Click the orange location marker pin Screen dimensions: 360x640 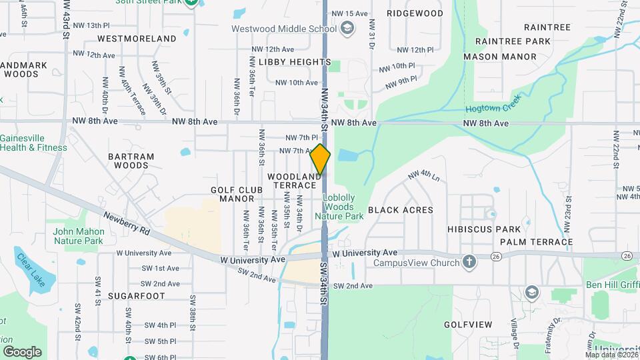coord(321,160)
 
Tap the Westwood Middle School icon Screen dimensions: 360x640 coord(347,28)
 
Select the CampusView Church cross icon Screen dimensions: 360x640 coord(469,262)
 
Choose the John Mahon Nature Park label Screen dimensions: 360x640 coord(78,236)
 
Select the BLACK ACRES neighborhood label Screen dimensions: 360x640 coord(400,210)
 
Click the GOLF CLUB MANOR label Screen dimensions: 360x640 coord(233,194)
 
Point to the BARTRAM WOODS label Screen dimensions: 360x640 coord(131,161)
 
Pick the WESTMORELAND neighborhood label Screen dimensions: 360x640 coord(137,39)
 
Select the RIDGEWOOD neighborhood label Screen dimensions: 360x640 coord(415,13)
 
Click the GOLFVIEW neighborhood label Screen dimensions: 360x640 coord(468,325)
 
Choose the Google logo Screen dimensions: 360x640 coord(22,351)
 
